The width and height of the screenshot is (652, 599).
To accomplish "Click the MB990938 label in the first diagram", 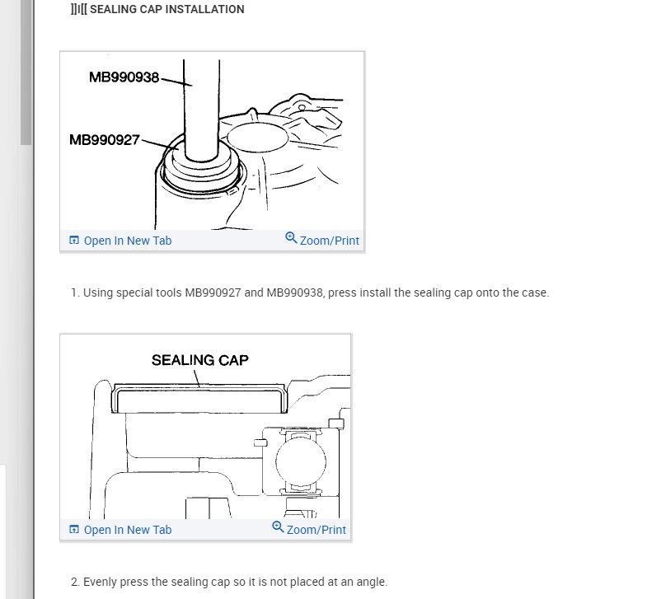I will [x=124, y=77].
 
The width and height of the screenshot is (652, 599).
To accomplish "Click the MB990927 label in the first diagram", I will [x=105, y=140].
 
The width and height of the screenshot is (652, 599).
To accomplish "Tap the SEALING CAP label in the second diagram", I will [x=199, y=360].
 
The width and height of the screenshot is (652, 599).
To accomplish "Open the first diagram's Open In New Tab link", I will [x=127, y=241].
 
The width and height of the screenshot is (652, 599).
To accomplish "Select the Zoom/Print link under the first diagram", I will [x=330, y=241].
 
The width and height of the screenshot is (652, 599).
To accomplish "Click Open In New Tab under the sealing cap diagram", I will [x=127, y=530].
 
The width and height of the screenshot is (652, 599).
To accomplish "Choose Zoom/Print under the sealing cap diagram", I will [x=317, y=530].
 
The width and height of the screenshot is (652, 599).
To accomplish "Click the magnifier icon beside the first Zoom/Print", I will [x=291, y=238].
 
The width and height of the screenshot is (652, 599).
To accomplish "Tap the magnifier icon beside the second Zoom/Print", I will [x=278, y=527].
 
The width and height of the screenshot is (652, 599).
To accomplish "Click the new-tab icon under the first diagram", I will [x=74, y=241].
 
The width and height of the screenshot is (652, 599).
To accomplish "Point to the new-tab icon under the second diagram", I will [x=74, y=530].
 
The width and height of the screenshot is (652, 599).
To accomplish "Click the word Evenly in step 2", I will [x=101, y=582].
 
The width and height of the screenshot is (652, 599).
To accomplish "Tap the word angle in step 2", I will [x=369, y=582].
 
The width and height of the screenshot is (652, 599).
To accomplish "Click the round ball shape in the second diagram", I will [x=297, y=461].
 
